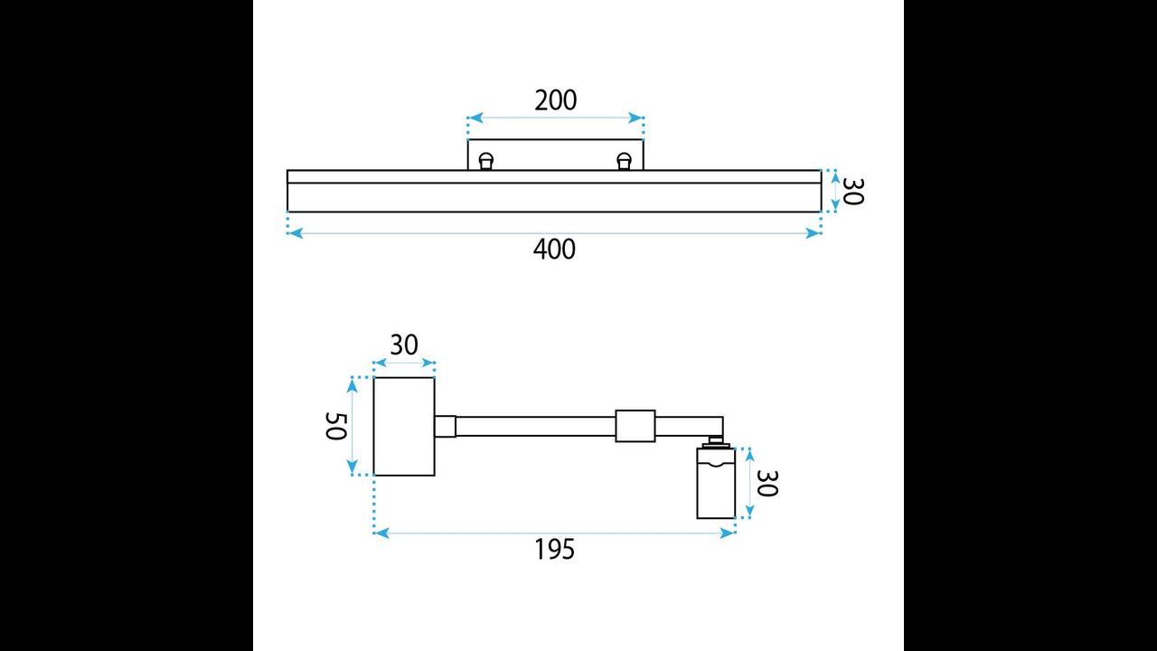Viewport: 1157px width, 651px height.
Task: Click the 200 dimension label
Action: click(555, 100)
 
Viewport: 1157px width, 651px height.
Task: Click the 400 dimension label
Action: click(554, 249)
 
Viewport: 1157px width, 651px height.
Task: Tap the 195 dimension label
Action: click(554, 549)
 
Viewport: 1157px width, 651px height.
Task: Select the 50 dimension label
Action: click(335, 426)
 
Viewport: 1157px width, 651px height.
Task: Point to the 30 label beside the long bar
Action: click(852, 191)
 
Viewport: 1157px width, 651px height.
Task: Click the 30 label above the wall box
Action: click(404, 344)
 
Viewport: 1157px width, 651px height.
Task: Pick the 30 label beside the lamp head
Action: click(767, 483)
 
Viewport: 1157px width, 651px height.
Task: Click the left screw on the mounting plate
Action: click(486, 161)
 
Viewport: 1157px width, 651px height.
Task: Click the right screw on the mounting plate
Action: click(625, 161)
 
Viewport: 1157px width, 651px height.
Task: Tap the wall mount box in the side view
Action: click(404, 426)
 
